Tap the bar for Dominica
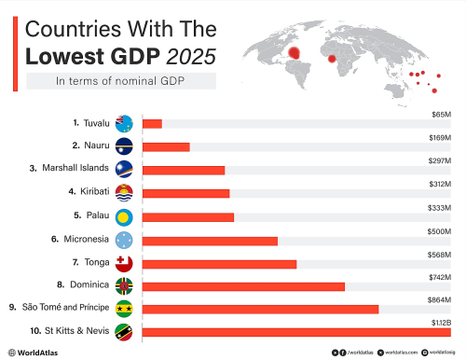[241, 286]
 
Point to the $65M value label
[441, 114]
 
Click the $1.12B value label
[441, 322]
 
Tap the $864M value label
[439, 298]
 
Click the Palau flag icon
[125, 215]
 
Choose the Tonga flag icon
[125, 262]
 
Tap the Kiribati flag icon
[125, 192]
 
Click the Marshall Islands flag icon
[125, 169]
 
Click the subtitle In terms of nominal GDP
[121, 81]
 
